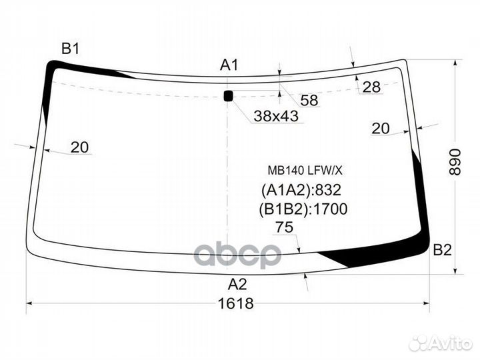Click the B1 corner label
[71, 49]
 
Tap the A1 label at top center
[229, 65]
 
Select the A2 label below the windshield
[237, 285]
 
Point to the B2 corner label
[443, 250]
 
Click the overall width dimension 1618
[235, 303]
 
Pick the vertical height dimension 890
[455, 162]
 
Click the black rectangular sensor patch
[229, 96]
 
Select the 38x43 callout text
[276, 116]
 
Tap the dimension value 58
[309, 100]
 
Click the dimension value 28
[371, 87]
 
